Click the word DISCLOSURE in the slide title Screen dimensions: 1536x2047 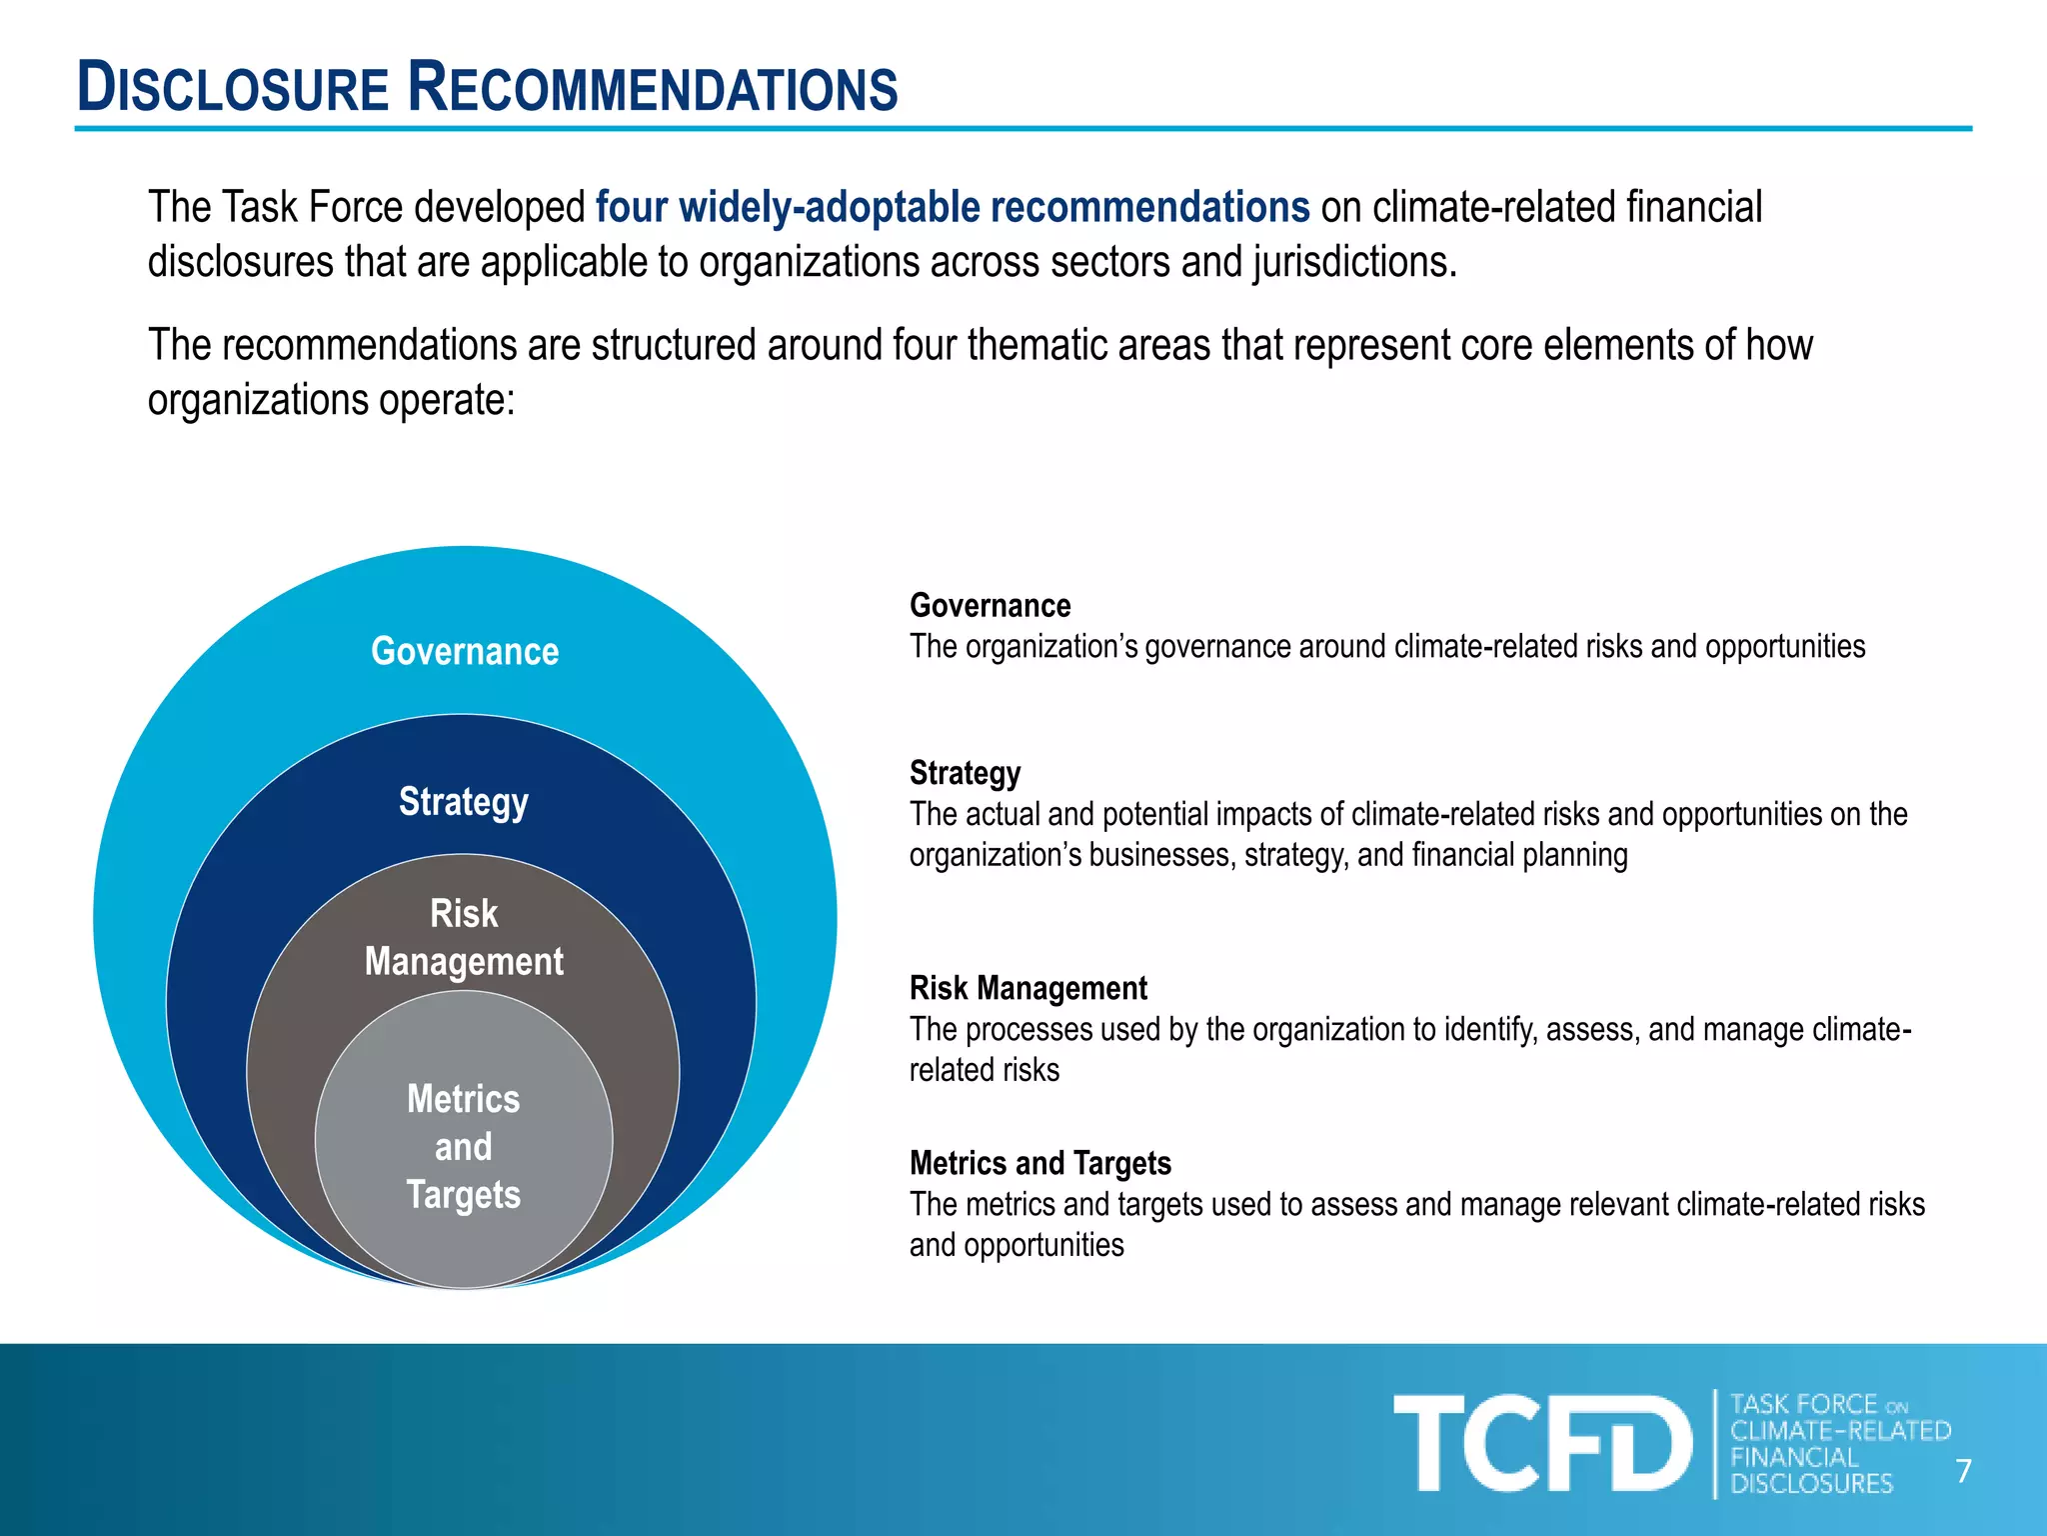tap(233, 88)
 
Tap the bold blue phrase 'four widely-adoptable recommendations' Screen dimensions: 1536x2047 tap(952, 207)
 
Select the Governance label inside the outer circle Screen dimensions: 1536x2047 tap(465, 651)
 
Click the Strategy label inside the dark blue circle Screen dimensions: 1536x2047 tap(464, 801)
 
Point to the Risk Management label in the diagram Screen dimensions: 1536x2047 tap(464, 937)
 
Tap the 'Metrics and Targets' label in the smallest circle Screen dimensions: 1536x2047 tap(464, 1146)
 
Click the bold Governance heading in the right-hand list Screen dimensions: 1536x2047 tap(990, 605)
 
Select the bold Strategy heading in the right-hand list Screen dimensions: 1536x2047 tap(965, 773)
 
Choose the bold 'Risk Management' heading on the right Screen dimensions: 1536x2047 tap(1027, 988)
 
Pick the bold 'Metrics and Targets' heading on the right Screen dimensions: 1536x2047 tap(1039, 1163)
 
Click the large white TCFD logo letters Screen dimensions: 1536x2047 tap(1541, 1443)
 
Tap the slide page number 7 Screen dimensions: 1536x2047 tap(1963, 1471)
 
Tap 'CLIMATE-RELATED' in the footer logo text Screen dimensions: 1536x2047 tap(1840, 1431)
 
